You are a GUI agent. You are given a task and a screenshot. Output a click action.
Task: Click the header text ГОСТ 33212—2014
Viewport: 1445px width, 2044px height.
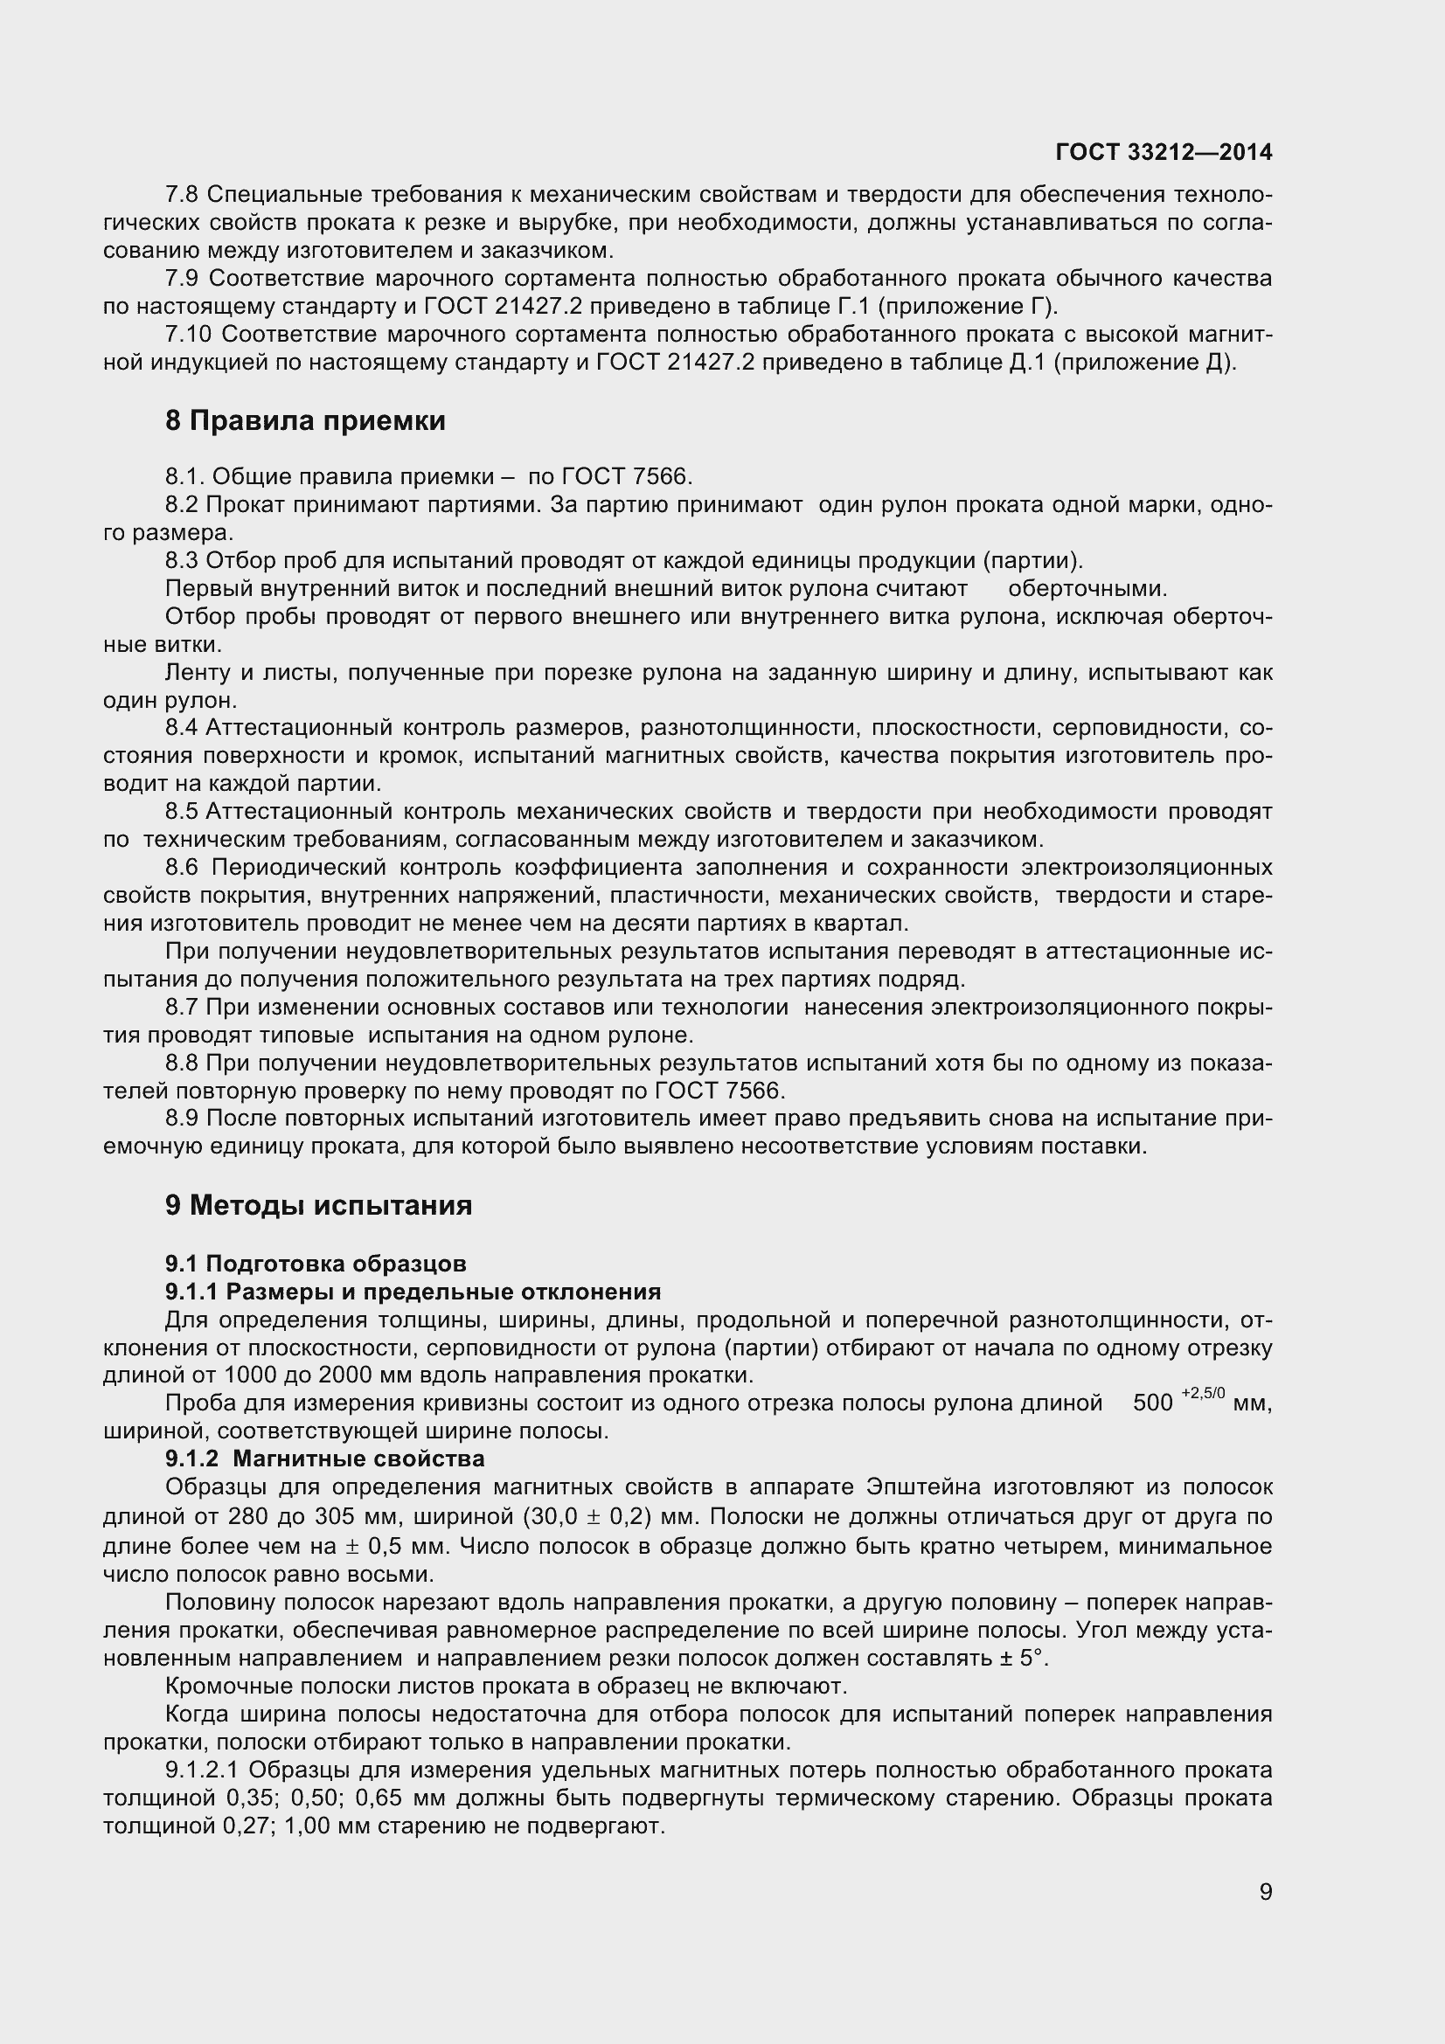pyautogui.click(x=1164, y=152)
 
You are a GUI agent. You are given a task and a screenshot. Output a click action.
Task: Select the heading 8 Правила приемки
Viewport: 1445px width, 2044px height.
pyautogui.click(x=305, y=420)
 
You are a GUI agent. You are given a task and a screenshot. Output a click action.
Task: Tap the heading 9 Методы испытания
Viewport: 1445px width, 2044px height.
pyautogui.click(x=319, y=1204)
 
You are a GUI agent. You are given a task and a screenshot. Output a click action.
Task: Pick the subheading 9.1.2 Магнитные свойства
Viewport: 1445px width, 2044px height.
pyautogui.click(x=325, y=1459)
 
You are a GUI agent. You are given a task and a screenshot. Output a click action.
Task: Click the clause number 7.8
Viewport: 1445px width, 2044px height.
pyautogui.click(x=183, y=194)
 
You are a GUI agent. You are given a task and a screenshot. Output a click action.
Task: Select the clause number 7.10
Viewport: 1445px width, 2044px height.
pyautogui.click(x=188, y=334)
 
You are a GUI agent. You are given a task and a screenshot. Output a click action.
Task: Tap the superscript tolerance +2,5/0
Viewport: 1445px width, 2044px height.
pyautogui.click(x=1204, y=1395)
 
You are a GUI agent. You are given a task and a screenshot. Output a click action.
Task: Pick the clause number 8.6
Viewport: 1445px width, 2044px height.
pyautogui.click(x=183, y=867)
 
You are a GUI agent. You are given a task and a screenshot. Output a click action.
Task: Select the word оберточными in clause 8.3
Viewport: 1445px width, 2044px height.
pyautogui.click(x=1087, y=588)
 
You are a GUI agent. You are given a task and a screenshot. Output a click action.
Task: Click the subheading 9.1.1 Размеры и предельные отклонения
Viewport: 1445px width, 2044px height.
pyautogui.click(x=413, y=1291)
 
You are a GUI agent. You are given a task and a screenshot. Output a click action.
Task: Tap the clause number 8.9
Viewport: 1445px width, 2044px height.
pyautogui.click(x=183, y=1119)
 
